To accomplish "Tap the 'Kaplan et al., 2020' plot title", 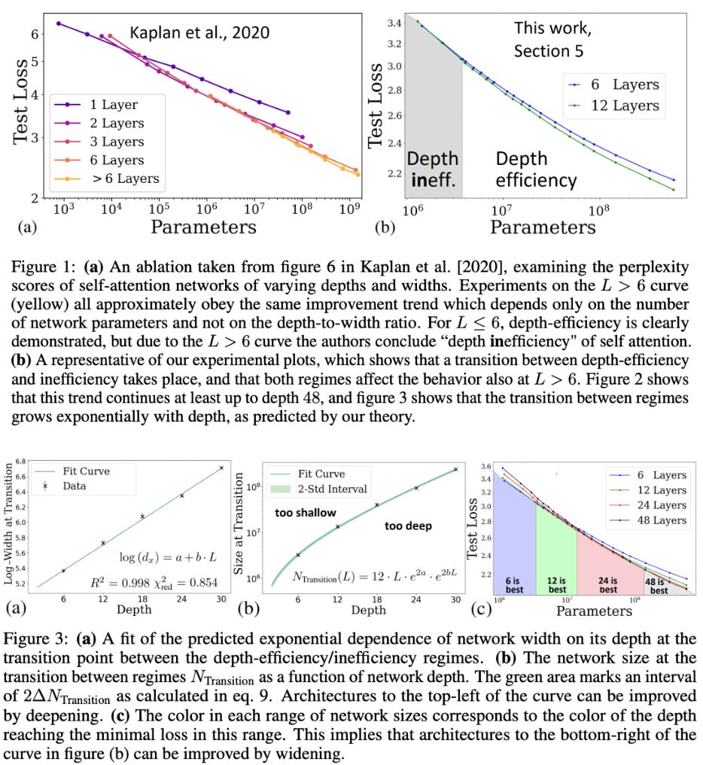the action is (x=199, y=32).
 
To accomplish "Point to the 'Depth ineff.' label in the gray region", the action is (x=434, y=169).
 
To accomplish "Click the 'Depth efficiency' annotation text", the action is (x=536, y=169).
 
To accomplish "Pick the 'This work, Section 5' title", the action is (x=552, y=39).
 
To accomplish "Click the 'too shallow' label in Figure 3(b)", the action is (x=306, y=513).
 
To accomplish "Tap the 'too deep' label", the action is (x=409, y=526).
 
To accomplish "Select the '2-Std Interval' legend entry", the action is (x=318, y=489).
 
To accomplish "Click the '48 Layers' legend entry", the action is (x=648, y=520).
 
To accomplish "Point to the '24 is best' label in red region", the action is (x=608, y=585).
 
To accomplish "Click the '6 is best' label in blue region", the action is (x=513, y=585).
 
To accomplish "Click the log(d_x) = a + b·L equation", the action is (x=169, y=557).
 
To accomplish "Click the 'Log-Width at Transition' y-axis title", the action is (x=8, y=523).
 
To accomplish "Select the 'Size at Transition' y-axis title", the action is (x=238, y=523).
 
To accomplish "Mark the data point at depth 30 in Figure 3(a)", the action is (x=221, y=468).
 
